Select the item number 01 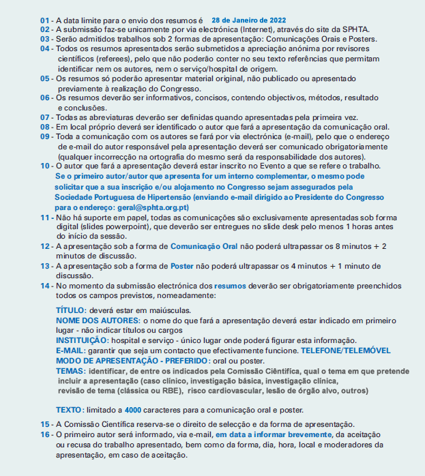45,21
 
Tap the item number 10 45,166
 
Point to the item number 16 45,434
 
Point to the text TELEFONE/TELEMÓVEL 346,350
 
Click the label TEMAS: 71,370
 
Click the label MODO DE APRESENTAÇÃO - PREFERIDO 132,359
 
